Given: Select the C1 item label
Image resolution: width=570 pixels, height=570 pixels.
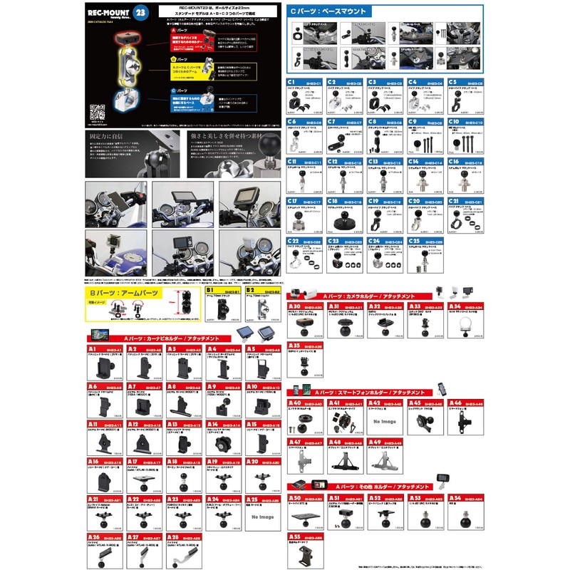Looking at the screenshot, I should [292, 83].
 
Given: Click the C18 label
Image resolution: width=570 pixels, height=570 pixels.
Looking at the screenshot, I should [333, 202].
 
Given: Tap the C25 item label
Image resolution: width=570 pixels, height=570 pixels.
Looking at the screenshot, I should [413, 241].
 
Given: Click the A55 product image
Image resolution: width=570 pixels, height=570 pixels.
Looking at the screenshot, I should [305, 553].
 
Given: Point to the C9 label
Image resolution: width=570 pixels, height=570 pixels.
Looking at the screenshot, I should [413, 123].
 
